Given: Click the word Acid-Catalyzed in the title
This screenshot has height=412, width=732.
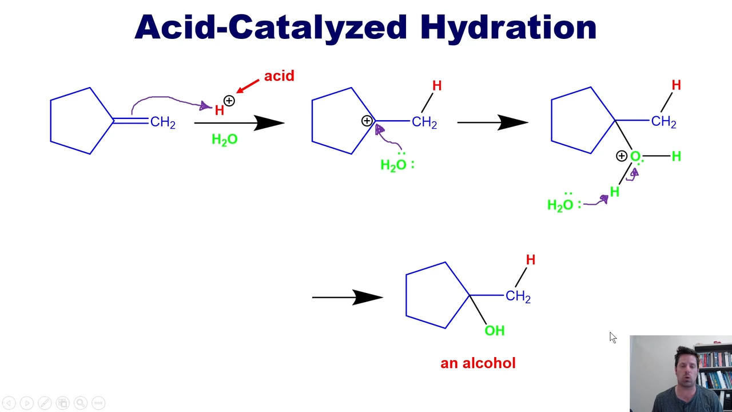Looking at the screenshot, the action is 271,28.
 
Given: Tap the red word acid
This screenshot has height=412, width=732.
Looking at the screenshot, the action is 279,76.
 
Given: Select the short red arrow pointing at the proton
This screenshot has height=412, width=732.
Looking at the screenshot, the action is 248,86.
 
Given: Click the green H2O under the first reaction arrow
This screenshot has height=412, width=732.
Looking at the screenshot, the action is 225,140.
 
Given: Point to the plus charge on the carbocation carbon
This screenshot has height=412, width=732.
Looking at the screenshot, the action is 367,121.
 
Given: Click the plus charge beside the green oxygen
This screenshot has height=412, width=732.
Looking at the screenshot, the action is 621,156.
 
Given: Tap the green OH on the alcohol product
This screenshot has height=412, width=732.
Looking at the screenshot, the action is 495,331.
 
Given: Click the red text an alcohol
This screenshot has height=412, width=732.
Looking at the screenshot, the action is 478,363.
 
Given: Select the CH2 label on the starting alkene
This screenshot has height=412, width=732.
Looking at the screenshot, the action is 163,122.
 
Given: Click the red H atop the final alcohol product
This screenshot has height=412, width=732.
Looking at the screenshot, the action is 531,260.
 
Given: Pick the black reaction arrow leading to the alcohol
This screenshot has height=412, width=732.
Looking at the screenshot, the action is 347,297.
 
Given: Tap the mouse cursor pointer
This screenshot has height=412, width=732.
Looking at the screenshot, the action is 612,338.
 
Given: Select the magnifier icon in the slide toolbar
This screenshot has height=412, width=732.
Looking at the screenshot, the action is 81,403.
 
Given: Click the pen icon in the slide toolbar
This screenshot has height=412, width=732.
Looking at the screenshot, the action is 45,403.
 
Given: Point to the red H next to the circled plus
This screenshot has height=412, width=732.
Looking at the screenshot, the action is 219,110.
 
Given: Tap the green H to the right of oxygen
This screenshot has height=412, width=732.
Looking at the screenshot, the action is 676,156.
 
